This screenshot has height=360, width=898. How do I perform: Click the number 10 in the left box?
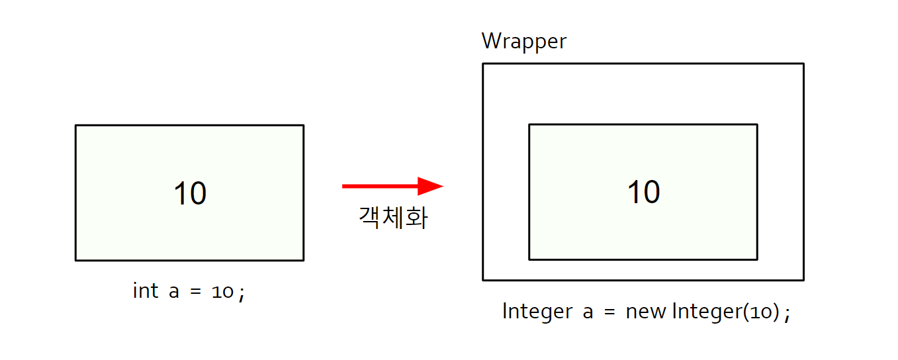point(190,194)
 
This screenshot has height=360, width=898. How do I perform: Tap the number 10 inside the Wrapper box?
point(643,193)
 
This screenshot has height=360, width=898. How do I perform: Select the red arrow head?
point(431,186)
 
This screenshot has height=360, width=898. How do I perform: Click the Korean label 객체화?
point(393,218)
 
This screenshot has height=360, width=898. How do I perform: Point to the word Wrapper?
point(523,41)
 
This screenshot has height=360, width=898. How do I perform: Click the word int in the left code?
point(146,291)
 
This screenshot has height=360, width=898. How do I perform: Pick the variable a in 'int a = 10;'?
point(174,292)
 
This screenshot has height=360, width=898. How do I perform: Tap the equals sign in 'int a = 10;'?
point(195,292)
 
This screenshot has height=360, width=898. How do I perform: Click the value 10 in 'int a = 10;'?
point(223,292)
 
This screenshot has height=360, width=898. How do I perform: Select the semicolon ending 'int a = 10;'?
point(242,294)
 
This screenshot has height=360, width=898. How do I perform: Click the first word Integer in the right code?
point(537,311)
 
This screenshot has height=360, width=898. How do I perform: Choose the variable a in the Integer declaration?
point(588,312)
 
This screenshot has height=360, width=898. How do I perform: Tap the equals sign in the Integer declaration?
point(609,312)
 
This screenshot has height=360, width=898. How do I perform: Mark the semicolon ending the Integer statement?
point(786,314)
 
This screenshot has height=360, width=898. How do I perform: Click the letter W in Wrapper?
point(491,41)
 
